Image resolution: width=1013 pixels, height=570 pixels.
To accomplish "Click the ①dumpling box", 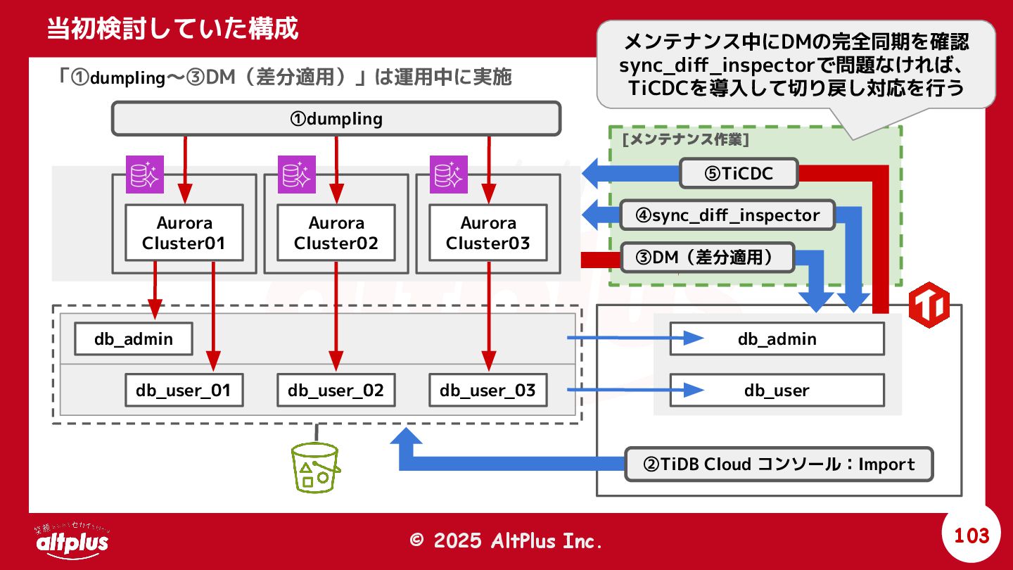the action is tap(336, 118).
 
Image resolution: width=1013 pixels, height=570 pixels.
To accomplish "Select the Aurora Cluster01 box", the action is tap(184, 232).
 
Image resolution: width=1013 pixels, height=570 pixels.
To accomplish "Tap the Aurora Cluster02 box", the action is tap(336, 232).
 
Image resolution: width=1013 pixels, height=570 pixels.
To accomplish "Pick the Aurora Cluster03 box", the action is tap(488, 232).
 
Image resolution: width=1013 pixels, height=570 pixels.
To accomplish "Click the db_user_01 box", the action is tap(184, 390).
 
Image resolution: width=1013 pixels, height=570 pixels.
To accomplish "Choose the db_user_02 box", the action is tap(336, 390).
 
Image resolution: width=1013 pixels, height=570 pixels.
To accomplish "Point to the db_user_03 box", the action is tap(488, 390).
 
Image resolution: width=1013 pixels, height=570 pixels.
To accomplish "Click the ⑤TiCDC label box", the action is tap(739, 173).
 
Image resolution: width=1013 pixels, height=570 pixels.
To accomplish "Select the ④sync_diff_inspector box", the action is tap(727, 215).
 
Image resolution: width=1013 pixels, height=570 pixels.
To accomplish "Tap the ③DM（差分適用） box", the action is tap(707, 258).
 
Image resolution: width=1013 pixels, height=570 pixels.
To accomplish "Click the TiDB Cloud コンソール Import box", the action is tap(779, 464).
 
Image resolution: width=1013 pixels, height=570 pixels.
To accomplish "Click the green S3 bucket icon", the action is tap(315, 468).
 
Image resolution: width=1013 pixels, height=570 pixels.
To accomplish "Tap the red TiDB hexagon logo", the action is tap(929, 305).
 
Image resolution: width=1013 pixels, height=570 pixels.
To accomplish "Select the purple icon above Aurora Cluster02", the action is tap(297, 175).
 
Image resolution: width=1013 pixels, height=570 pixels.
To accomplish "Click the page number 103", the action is tap(971, 536).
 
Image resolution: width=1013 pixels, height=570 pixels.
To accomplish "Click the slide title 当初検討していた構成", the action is tap(172, 28).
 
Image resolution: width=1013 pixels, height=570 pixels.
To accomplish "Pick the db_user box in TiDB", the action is tap(777, 390).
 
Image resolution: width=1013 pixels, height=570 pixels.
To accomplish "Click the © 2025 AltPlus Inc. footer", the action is tap(506, 540).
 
